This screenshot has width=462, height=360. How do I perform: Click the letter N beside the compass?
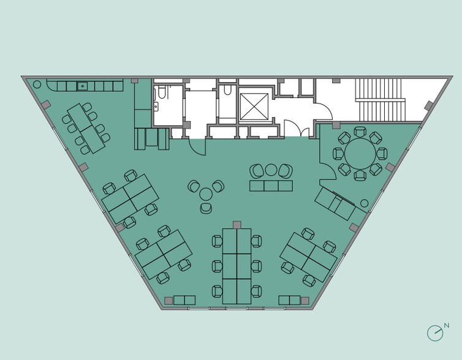(x=447, y=326)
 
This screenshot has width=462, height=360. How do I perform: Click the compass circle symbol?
(x=435, y=333)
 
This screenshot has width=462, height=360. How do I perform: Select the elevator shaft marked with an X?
(x=254, y=107)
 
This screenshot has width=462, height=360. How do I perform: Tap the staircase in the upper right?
(x=381, y=100)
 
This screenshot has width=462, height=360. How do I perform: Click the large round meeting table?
(x=360, y=154)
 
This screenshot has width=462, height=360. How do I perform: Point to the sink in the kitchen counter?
(x=82, y=86)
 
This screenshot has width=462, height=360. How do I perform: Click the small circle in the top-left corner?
(x=37, y=84)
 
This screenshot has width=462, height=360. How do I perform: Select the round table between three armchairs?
(x=206, y=195)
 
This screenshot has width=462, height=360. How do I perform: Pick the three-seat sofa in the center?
(x=271, y=186)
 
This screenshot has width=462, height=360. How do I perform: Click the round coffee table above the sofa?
(x=271, y=170)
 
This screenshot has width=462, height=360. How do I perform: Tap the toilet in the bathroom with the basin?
(x=162, y=92)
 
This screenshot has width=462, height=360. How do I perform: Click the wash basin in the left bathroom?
(x=156, y=106)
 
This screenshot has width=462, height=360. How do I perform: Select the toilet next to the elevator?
(x=227, y=90)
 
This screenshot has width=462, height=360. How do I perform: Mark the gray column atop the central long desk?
(x=237, y=225)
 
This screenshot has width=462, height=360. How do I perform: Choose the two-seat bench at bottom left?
(x=184, y=300)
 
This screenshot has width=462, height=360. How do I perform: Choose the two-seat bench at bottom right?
(x=290, y=300)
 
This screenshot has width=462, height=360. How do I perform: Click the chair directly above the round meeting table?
(x=360, y=132)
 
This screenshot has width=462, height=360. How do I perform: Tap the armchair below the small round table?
(x=206, y=208)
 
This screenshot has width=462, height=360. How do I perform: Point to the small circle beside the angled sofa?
(x=365, y=203)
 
